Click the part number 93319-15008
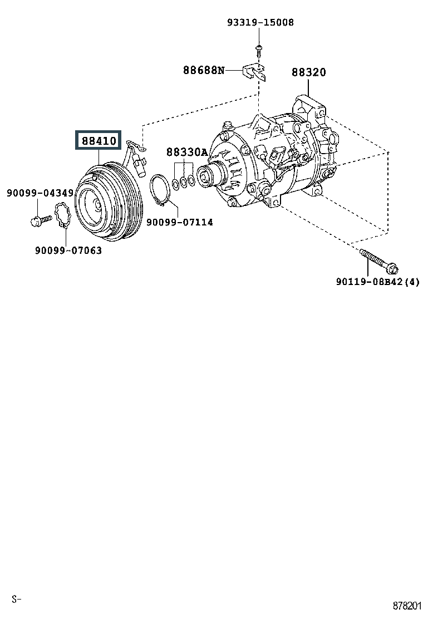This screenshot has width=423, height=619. click(260, 23)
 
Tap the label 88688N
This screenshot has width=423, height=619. click(204, 70)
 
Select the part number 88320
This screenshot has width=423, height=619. click(309, 72)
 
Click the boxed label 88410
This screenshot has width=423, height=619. click(99, 141)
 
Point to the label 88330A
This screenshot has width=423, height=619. click(186, 152)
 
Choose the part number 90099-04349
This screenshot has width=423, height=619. click(40, 193)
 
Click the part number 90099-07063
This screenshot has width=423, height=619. click(68, 250)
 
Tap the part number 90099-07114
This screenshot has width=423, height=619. click(179, 222)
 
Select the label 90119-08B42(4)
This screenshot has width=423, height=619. click(377, 282)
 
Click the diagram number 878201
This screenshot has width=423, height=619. click(406, 605)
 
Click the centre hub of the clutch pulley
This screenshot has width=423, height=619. click(96, 205)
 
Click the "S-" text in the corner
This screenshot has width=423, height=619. click(16, 599)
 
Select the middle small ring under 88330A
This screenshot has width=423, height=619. click(184, 182)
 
